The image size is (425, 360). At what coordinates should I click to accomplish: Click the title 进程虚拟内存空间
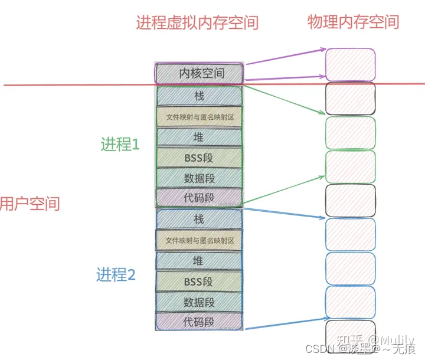[197, 23]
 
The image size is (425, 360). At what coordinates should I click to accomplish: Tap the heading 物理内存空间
[353, 22]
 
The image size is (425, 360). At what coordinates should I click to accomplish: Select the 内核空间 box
[200, 73]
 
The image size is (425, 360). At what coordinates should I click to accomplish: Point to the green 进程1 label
[120, 144]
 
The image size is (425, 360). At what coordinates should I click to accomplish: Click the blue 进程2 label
[116, 274]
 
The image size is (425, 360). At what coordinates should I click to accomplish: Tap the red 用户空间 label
[30, 204]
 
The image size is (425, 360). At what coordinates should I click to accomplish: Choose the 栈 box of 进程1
[200, 96]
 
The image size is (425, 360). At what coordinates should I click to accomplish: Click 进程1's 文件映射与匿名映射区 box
[200, 117]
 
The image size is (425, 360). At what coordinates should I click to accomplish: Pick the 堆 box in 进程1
[200, 137]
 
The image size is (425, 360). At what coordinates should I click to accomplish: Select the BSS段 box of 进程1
[200, 158]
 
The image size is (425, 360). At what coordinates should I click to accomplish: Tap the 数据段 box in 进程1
[200, 178]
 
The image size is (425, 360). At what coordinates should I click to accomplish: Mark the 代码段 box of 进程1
[200, 197]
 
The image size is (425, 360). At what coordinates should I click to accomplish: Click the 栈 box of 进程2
[200, 219]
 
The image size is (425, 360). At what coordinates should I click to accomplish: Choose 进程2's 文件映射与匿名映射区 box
[200, 240]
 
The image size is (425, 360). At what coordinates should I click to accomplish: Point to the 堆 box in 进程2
[200, 260]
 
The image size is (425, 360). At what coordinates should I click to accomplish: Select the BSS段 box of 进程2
[200, 282]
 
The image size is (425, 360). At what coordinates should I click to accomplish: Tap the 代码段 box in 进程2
[200, 322]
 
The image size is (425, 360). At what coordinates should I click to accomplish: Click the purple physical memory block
[351, 64]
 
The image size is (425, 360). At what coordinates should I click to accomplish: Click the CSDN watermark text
[322, 349]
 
